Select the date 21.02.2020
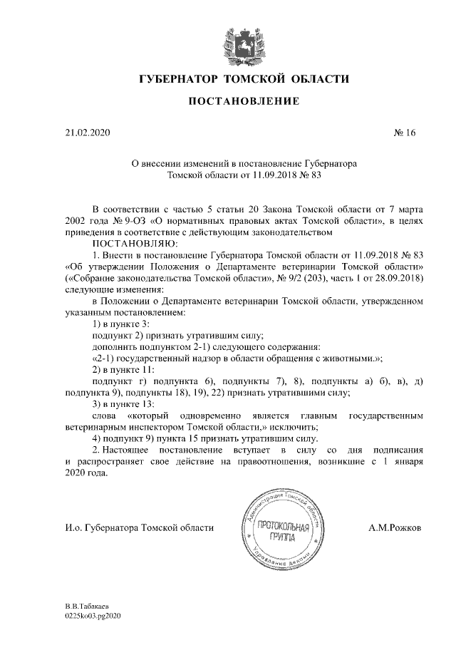pos(84,133)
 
